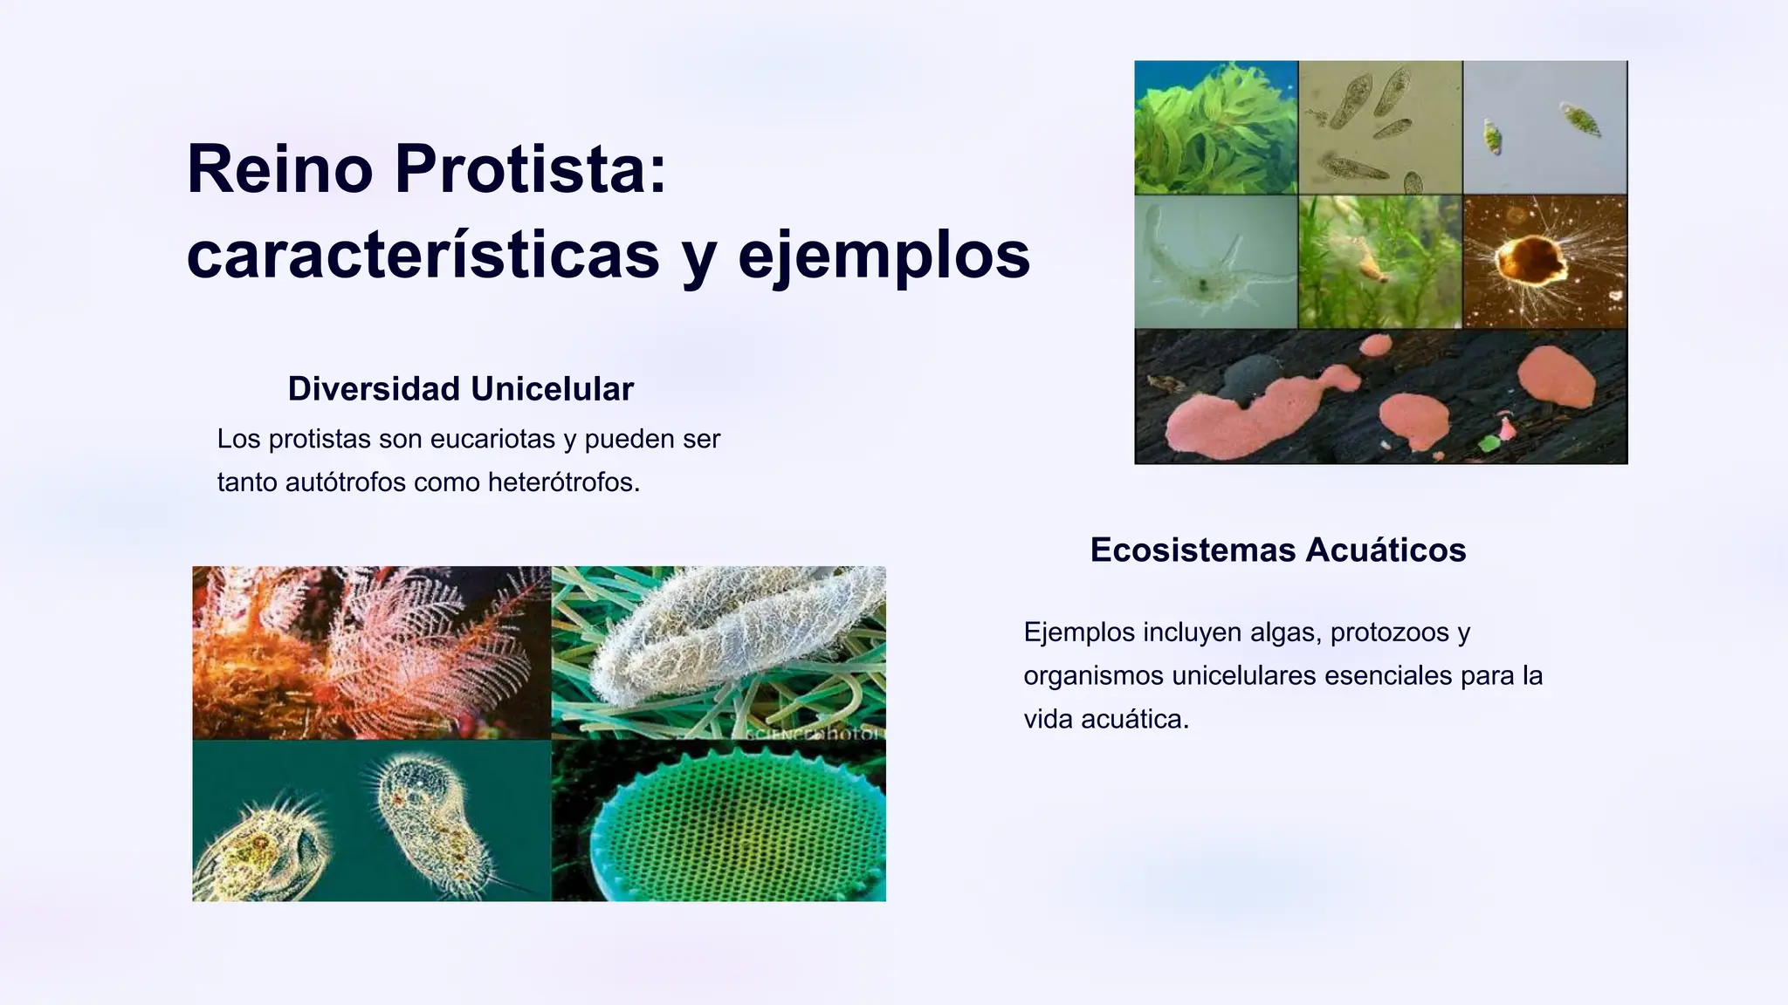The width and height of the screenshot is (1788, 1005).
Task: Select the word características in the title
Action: click(x=423, y=256)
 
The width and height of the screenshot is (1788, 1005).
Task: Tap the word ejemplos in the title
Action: click(x=884, y=256)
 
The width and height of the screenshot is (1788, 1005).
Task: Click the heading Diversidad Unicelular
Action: click(x=460, y=389)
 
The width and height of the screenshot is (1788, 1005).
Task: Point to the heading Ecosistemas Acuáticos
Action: click(x=1277, y=550)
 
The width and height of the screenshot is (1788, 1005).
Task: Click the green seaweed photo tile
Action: click(x=1215, y=127)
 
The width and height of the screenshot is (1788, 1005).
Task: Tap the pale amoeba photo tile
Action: click(x=1215, y=262)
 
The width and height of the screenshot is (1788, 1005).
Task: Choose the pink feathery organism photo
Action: click(x=371, y=652)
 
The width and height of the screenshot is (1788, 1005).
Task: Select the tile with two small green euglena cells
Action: click(x=1544, y=127)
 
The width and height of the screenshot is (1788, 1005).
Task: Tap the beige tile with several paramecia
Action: click(x=1379, y=127)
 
